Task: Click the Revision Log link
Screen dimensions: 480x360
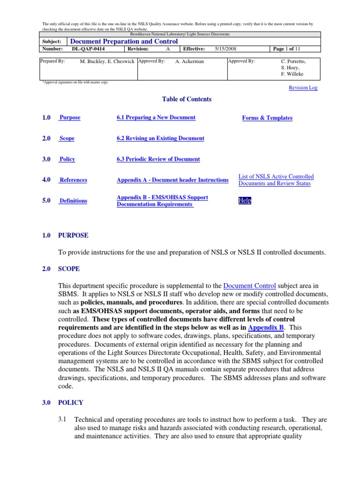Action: pyautogui.click(x=303, y=88)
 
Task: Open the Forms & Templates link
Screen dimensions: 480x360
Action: pyautogui.click(x=267, y=118)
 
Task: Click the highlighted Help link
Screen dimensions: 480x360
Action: pyautogui.click(x=245, y=201)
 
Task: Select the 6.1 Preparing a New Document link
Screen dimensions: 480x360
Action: pyautogui.click(x=156, y=118)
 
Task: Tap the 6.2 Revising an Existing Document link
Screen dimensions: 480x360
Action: pyautogui.click(x=160, y=138)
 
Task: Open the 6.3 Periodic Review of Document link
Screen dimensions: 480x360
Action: pyautogui.click(x=158, y=159)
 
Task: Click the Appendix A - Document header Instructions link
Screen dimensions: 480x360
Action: pyautogui.click(x=172, y=180)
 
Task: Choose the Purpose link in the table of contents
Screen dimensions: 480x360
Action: pyautogui.click(x=69, y=118)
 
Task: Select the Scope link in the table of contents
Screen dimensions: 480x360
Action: pyautogui.click(x=67, y=139)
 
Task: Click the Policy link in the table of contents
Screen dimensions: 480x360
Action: pyautogui.click(x=67, y=159)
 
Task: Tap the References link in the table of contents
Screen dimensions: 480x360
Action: pyautogui.click(x=73, y=180)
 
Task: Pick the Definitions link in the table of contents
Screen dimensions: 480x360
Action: pyautogui.click(x=73, y=201)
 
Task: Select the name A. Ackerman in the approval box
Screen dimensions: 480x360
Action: pyautogui.click(x=189, y=61)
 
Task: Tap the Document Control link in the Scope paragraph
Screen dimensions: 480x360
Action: pyautogui.click(x=249, y=285)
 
